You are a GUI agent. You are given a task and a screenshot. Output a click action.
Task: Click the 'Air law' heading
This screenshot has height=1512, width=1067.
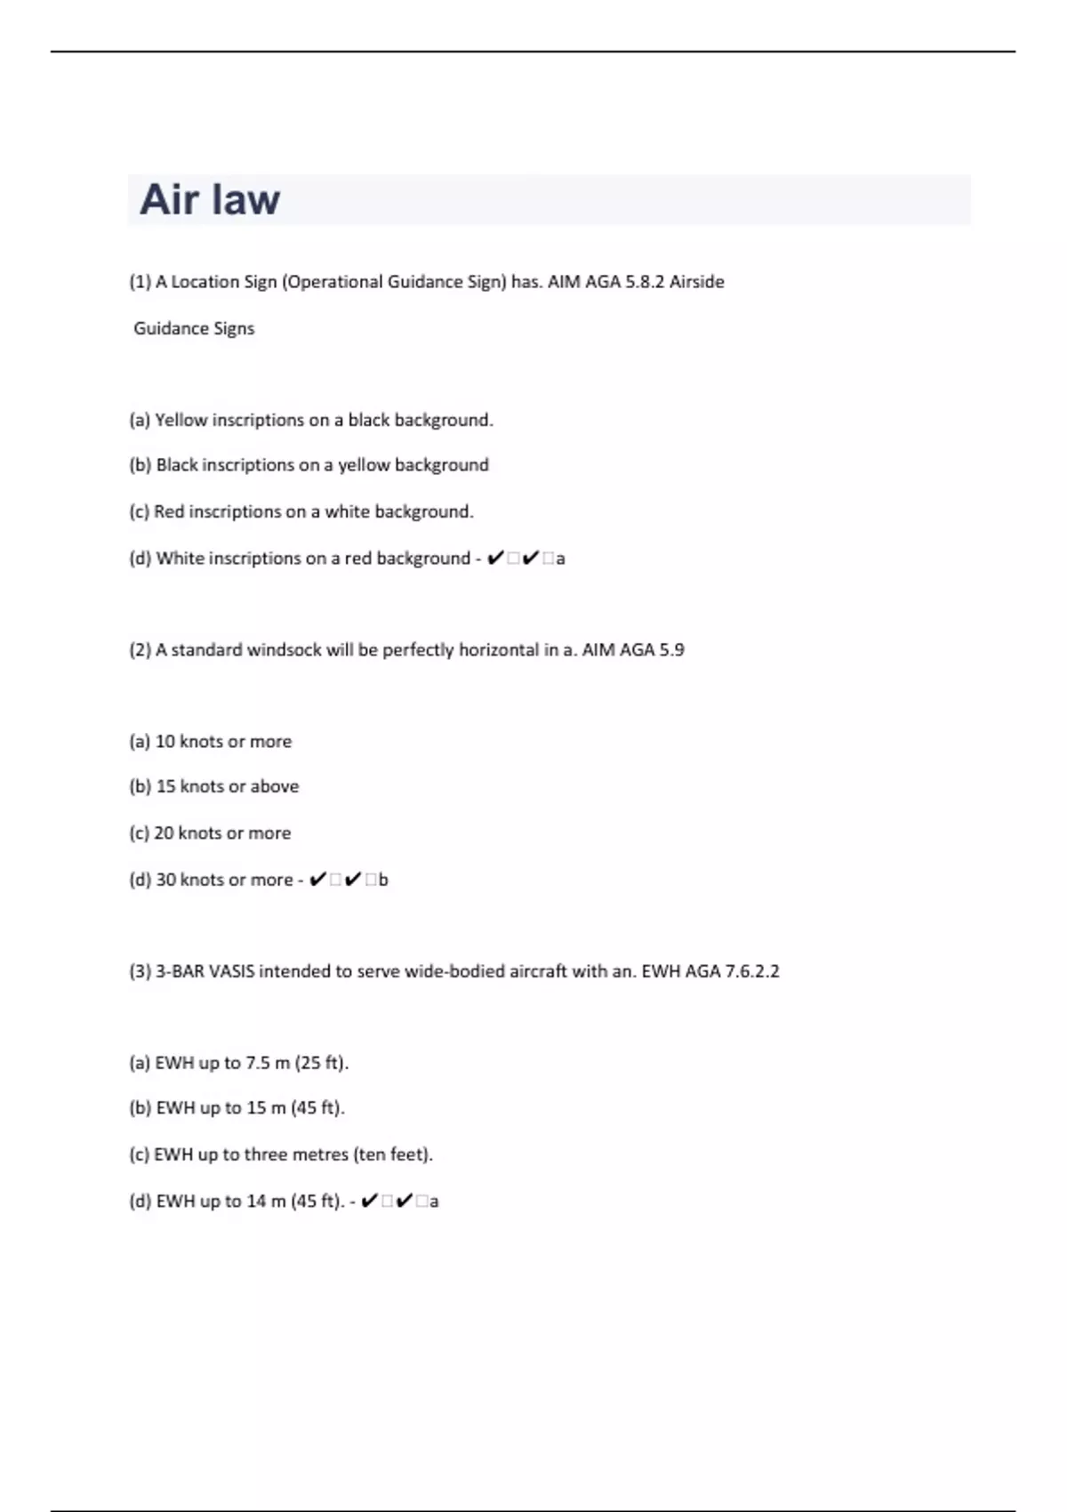point(210,199)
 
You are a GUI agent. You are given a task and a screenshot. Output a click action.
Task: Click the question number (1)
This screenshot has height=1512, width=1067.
point(140,282)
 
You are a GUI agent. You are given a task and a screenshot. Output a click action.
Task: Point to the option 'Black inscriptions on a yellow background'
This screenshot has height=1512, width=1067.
point(322,465)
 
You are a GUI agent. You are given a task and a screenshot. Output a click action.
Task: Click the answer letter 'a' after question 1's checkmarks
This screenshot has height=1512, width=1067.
point(560,559)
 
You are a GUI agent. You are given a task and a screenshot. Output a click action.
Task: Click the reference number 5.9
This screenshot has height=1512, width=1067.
point(671,650)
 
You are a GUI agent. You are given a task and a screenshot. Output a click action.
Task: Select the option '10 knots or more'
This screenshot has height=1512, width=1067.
point(223,742)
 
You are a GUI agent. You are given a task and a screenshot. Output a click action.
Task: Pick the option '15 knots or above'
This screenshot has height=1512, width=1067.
point(227,787)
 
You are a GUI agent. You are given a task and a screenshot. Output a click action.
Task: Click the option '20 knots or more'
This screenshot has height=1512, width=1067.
point(222,833)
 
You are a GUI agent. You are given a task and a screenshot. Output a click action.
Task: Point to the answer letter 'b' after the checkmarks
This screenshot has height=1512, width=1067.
point(383,881)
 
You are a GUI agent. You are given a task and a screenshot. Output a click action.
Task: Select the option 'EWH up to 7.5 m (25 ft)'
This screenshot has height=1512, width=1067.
point(251,1063)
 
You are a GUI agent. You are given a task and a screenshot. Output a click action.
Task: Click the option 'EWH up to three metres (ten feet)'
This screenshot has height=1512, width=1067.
point(293,1154)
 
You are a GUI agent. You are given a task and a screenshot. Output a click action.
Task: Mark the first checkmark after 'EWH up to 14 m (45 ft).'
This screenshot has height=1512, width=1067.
point(370,1202)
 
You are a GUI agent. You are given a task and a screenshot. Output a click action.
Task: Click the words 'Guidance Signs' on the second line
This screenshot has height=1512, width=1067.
point(194,329)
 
